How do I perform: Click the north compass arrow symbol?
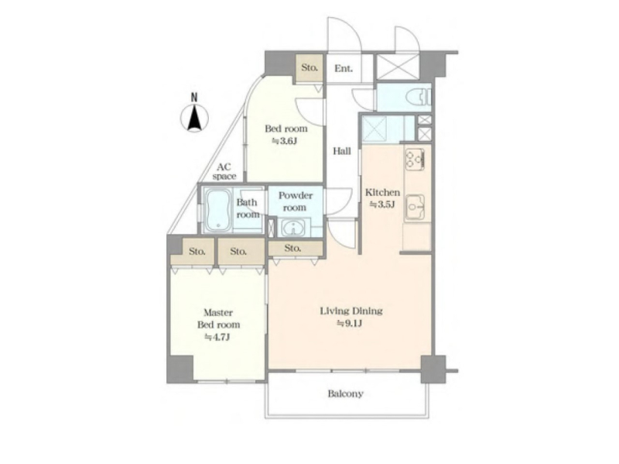coord(194,118)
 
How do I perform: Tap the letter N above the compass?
coord(194,98)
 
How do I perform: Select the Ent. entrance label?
coord(344,68)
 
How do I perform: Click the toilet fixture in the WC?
coord(419,97)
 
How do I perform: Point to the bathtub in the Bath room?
coord(218,210)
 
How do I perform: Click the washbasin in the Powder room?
coord(293,229)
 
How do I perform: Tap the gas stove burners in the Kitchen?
coord(415,160)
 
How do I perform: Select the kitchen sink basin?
coord(415,207)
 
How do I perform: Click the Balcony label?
coord(345,394)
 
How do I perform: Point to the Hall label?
coord(341,151)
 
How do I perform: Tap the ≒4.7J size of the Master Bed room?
coord(217,337)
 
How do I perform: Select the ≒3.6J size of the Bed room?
coord(284,141)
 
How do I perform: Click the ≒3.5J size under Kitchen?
coord(381,205)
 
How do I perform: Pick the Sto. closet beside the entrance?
coord(309,67)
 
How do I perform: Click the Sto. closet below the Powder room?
coord(296,249)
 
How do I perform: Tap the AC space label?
coord(224,172)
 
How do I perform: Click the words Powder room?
coord(296,201)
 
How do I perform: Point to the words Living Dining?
coord(351,311)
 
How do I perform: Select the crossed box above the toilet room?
coord(398,67)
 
